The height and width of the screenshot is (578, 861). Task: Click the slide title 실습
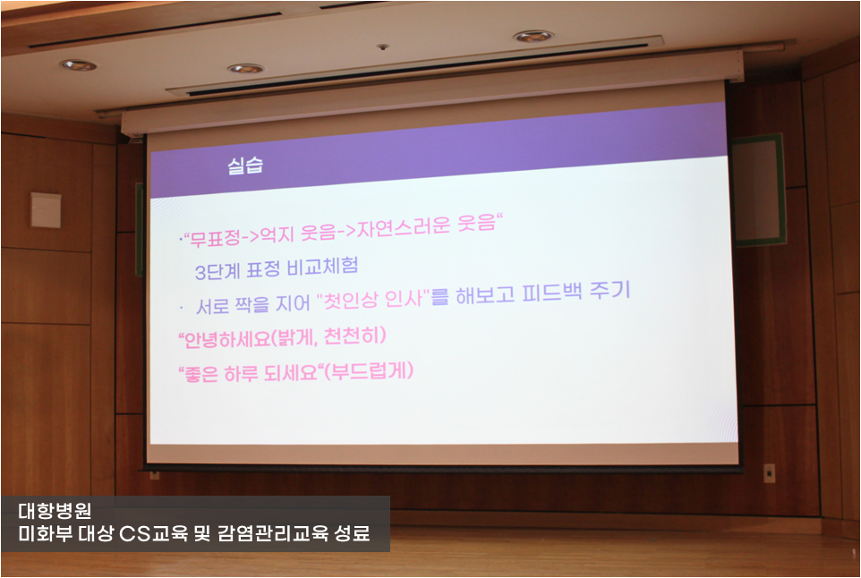pos(245,166)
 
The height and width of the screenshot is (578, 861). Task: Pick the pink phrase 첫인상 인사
pos(373,299)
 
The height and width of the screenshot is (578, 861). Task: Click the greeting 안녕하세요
pos(225,340)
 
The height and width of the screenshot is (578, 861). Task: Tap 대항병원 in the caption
pos(55,511)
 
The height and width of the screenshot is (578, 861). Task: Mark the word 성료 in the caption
pos(352,533)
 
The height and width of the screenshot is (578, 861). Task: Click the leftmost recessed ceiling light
pos(78,65)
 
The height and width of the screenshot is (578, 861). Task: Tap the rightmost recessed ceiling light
pos(533,36)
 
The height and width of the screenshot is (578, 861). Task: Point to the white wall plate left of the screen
pos(46,209)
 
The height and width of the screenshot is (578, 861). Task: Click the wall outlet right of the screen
pos(770,472)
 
